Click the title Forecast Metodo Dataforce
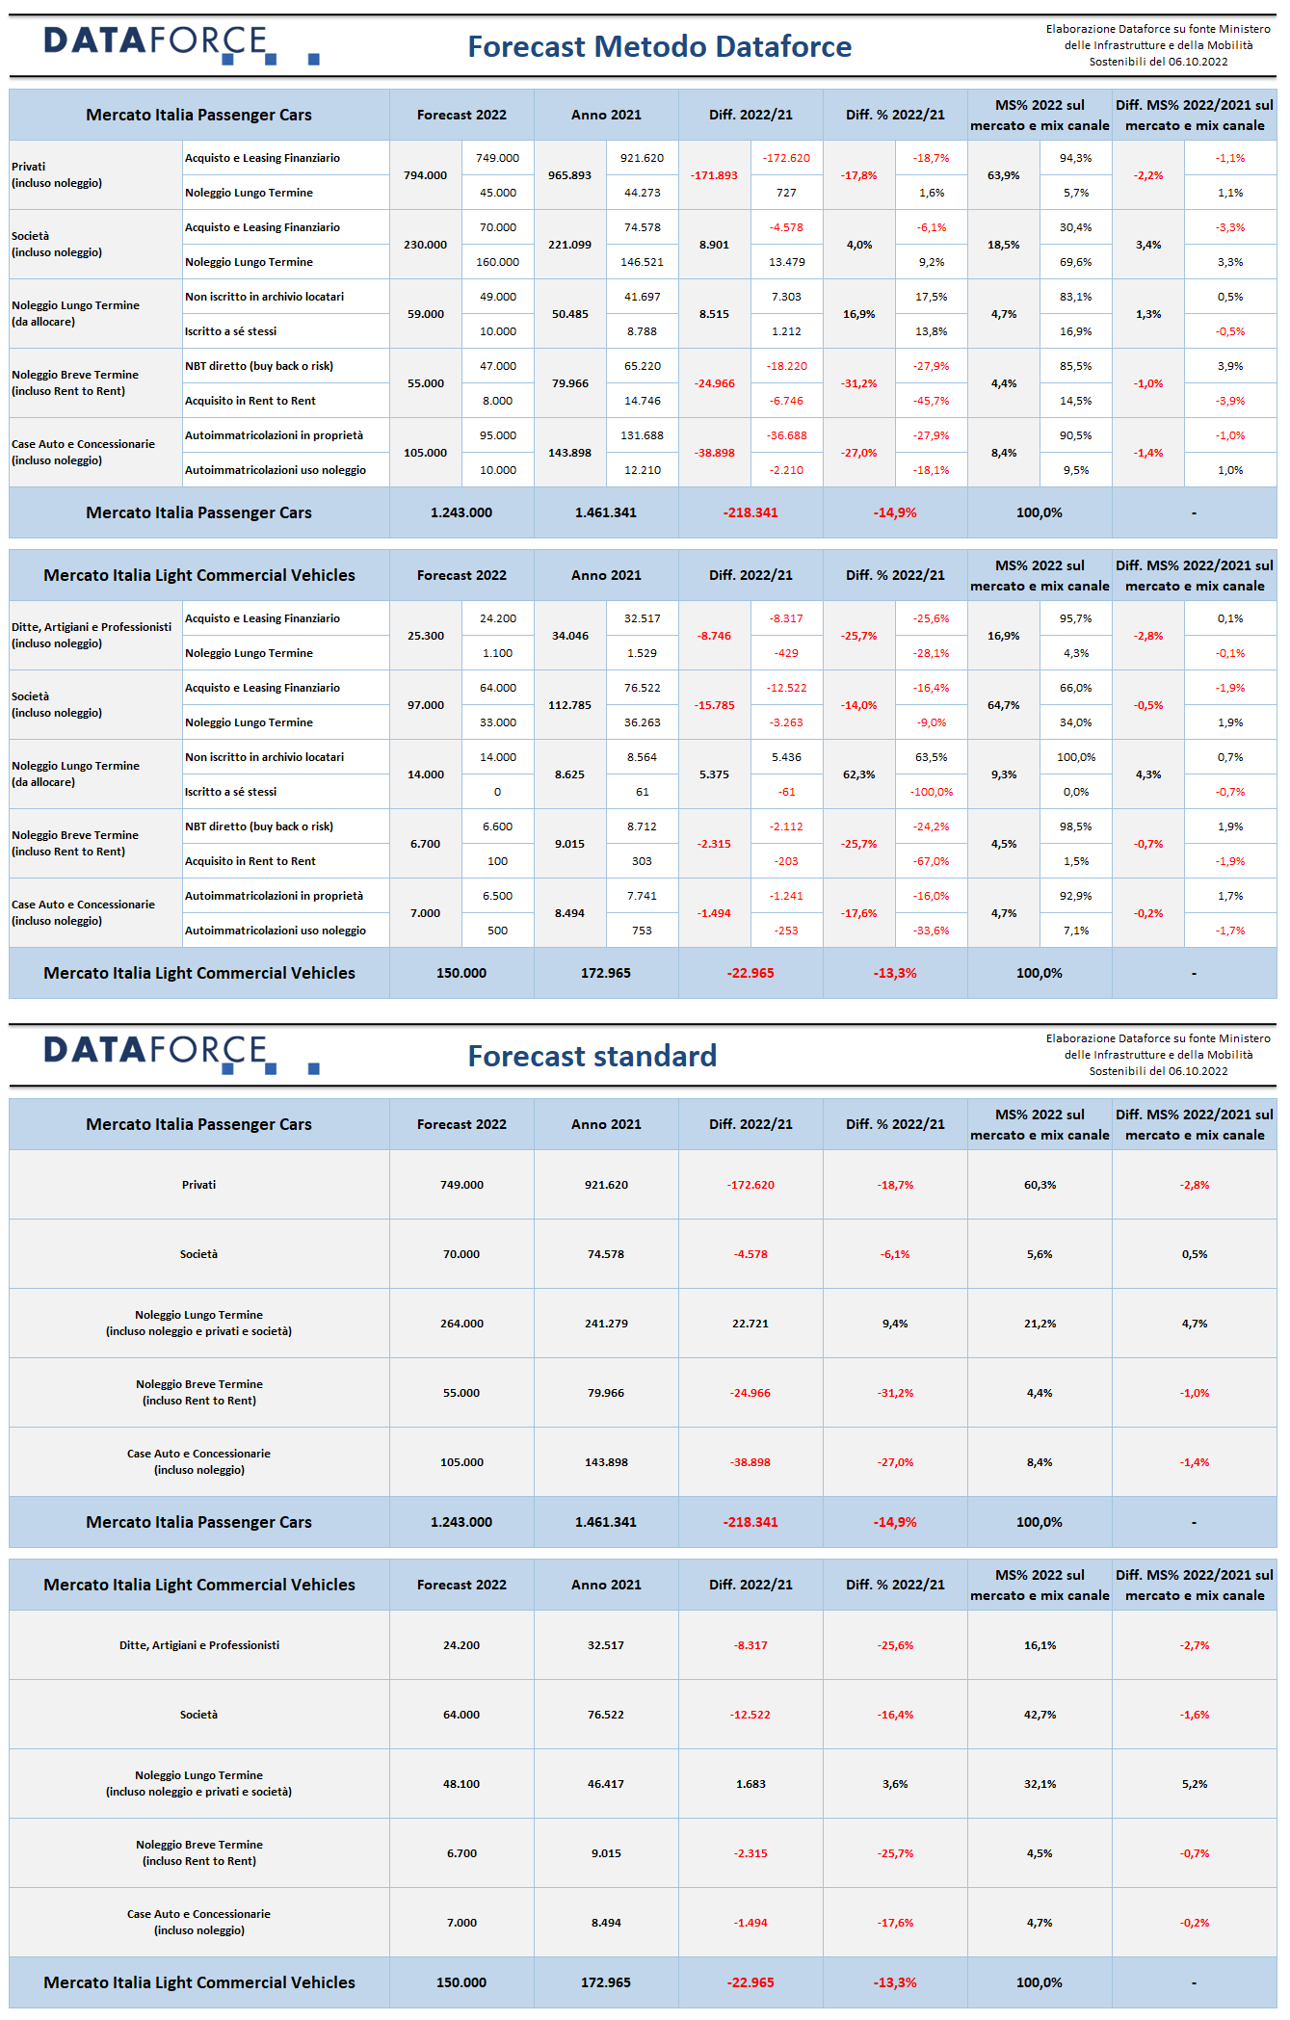point(659,46)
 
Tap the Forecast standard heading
point(592,1056)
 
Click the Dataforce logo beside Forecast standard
point(181,1054)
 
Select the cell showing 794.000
point(425,175)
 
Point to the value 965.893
point(569,175)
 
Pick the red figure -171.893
point(714,175)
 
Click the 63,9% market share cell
point(1004,175)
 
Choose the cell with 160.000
point(497,262)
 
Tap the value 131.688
point(642,435)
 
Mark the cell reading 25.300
point(425,636)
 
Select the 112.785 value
point(569,705)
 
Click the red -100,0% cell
point(932,792)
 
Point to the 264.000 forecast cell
point(461,1324)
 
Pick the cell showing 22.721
point(750,1324)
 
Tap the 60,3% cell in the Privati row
point(1040,1185)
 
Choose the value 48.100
point(461,1784)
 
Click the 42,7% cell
point(1040,1715)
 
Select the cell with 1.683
point(750,1784)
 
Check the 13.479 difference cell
point(786,262)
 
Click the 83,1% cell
point(1076,297)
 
